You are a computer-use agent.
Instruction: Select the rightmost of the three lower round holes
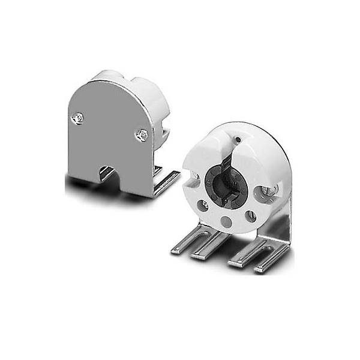pos(250,215)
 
